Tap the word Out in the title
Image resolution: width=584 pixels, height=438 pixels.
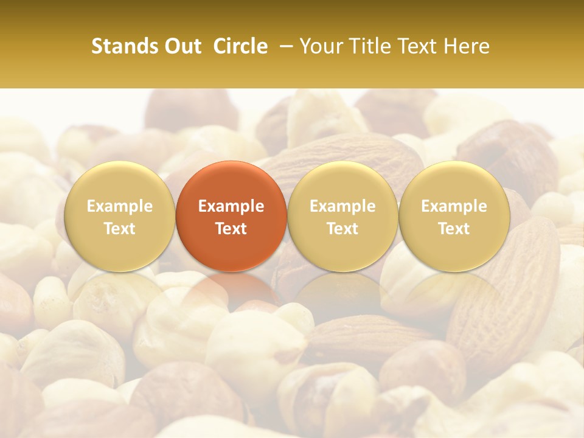click(x=181, y=46)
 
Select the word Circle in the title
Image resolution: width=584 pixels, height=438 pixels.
click(x=240, y=46)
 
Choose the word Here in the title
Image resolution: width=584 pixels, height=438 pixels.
click(x=467, y=46)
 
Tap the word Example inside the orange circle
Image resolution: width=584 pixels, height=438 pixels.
click(x=231, y=206)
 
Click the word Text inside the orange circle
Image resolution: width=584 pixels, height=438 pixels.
click(x=231, y=229)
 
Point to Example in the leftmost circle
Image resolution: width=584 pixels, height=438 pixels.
click(x=120, y=206)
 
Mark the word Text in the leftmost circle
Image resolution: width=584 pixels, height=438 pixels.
click(x=120, y=229)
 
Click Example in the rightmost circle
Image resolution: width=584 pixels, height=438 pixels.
click(x=454, y=206)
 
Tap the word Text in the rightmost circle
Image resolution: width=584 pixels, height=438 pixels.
click(x=454, y=229)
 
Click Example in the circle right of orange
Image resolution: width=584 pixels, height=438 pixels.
click(x=342, y=206)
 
